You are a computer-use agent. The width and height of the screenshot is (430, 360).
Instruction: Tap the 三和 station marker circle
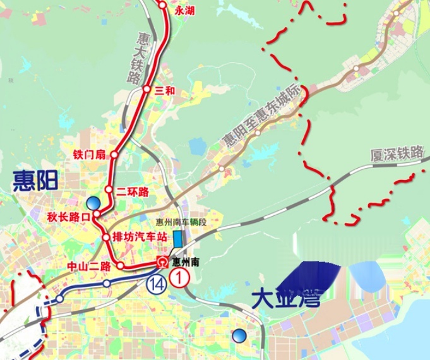click(146, 90)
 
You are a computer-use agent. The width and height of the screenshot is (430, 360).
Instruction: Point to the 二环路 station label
click(133, 191)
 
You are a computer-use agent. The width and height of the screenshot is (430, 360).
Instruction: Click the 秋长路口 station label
click(69, 217)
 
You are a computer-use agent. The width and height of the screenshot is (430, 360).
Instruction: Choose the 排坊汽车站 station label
click(139, 237)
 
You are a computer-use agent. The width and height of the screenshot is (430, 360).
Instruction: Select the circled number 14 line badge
click(155, 284)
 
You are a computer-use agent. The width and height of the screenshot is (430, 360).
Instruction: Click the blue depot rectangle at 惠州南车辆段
click(178, 239)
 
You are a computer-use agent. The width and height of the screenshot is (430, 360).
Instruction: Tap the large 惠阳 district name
click(35, 182)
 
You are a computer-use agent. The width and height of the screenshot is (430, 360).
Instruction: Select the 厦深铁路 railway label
click(397, 153)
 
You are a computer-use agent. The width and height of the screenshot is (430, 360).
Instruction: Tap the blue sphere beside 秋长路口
click(94, 203)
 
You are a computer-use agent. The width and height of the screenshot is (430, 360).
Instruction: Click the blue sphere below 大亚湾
click(239, 335)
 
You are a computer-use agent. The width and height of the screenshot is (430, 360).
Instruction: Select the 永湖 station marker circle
click(163, 6)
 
